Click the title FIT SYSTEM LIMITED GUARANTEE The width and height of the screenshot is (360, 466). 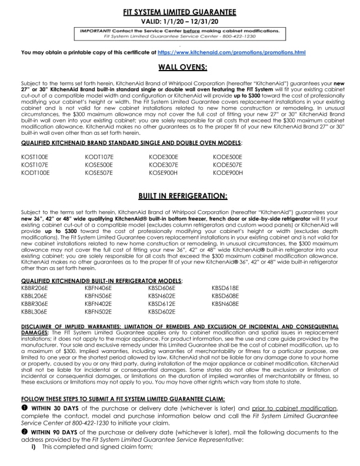(x=180, y=12)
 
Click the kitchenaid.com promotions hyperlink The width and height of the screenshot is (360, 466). (x=231, y=53)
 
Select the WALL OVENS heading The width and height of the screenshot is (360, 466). (x=180, y=68)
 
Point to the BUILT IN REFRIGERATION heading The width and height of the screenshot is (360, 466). (x=180, y=195)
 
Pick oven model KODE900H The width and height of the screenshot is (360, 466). (x=228, y=174)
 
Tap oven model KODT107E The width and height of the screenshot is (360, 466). (x=99, y=157)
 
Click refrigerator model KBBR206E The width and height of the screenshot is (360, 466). (x=35, y=288)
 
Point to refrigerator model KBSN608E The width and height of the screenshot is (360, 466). (x=225, y=304)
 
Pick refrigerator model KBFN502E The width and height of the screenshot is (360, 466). (x=99, y=311)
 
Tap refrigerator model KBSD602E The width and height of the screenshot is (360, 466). (x=162, y=311)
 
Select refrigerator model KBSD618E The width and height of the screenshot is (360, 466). (x=225, y=288)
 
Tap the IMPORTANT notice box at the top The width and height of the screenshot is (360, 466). (x=180, y=34)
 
